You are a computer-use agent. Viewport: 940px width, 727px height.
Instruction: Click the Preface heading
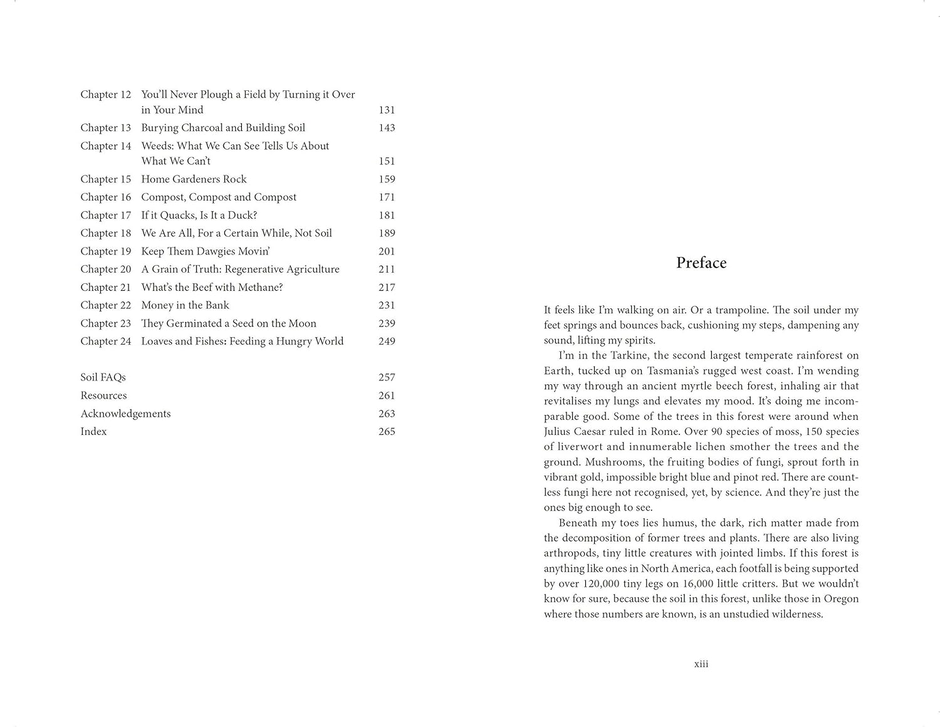click(701, 263)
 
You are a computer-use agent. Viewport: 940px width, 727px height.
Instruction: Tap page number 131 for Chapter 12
click(387, 110)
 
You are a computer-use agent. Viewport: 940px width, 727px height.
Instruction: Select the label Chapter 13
click(105, 128)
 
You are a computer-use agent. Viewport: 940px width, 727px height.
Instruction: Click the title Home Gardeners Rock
click(194, 179)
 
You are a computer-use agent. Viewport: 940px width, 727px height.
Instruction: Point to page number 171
click(387, 197)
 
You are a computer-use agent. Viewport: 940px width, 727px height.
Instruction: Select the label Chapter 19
click(105, 251)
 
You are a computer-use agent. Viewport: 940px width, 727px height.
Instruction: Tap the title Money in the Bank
click(185, 305)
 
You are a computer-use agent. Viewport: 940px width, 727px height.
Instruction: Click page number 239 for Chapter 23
click(387, 323)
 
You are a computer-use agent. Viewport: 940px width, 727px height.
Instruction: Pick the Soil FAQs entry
click(103, 377)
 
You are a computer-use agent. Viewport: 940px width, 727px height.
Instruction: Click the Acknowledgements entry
click(125, 414)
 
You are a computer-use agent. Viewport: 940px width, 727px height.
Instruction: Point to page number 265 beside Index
click(387, 432)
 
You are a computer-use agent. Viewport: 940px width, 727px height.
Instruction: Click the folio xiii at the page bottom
click(701, 664)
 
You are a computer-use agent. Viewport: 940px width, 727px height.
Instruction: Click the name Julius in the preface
click(559, 432)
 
